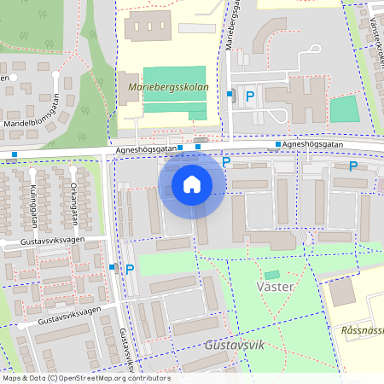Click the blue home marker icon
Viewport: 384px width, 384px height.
(x=192, y=183)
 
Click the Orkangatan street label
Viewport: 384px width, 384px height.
(x=74, y=206)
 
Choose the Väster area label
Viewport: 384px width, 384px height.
(x=275, y=287)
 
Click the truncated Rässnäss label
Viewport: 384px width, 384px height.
(x=361, y=330)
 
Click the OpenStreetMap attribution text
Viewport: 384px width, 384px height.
(x=85, y=378)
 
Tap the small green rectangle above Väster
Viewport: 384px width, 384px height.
(x=272, y=275)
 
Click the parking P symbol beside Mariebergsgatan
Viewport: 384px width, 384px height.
(x=250, y=96)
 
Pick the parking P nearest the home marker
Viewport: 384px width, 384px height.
(x=226, y=161)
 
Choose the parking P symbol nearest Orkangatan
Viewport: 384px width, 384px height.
(x=130, y=269)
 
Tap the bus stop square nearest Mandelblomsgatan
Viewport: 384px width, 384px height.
(x=15, y=155)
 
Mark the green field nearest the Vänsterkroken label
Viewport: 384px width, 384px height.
(x=344, y=108)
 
